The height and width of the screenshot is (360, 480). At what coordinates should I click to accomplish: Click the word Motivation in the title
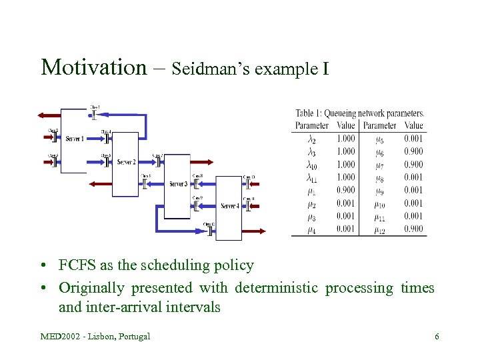[93, 67]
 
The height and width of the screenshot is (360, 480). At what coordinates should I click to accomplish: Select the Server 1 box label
[75, 139]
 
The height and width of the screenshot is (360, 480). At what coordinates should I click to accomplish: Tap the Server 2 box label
[127, 162]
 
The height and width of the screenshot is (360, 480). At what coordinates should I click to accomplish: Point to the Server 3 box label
[178, 184]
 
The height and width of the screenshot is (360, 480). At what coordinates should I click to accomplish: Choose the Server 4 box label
[229, 206]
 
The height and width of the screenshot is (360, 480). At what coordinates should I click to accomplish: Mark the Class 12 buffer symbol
[209, 231]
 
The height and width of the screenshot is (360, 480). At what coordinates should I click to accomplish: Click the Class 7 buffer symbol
[157, 162]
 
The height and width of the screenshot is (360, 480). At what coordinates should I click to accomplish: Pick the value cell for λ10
[345, 165]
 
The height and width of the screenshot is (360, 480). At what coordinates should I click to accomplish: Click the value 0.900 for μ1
[345, 190]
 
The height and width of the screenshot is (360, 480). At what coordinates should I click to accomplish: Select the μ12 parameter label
[379, 229]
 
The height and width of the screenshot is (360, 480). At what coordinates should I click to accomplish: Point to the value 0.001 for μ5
[413, 139]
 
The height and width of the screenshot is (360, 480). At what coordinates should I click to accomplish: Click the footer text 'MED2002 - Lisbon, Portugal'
[95, 336]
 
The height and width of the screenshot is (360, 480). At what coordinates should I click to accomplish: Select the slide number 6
[437, 336]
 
